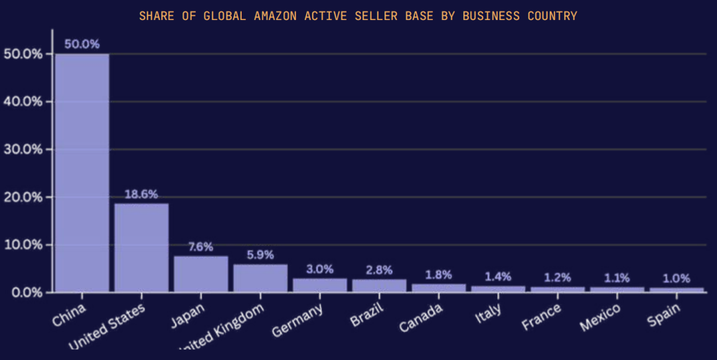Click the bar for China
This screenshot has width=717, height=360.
pyautogui.click(x=82, y=173)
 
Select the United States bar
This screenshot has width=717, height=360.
pyautogui.click(x=141, y=248)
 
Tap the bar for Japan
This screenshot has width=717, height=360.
pyautogui.click(x=200, y=274)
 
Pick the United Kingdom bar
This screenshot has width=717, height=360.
pyautogui.click(x=260, y=278)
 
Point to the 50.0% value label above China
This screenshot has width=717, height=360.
pyautogui.click(x=82, y=45)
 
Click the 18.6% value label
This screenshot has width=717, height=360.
pyautogui.click(x=141, y=194)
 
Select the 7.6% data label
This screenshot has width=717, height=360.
pyautogui.click(x=200, y=247)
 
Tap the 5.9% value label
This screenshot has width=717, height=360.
pyautogui.click(x=260, y=255)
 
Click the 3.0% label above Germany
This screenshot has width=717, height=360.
pyautogui.click(x=319, y=269)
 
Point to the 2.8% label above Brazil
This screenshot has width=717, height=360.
pyautogui.click(x=379, y=270)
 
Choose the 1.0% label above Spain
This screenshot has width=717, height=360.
pyautogui.click(x=677, y=278)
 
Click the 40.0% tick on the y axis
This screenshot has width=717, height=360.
pyautogui.click(x=23, y=102)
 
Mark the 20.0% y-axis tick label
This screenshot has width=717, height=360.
pyautogui.click(x=23, y=197)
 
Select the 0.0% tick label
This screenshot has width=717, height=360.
pyautogui.click(x=26, y=292)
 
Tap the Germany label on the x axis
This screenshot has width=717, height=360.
pyautogui.click(x=298, y=319)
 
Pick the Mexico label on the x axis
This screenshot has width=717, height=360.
pyautogui.click(x=600, y=317)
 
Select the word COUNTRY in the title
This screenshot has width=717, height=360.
pyautogui.click(x=552, y=15)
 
